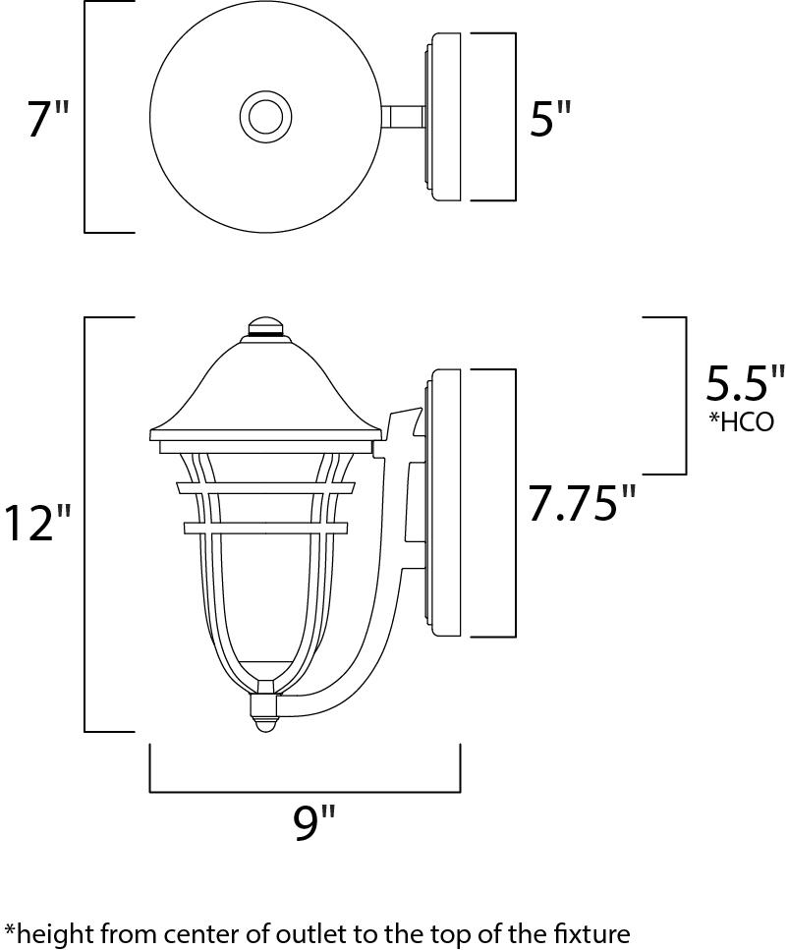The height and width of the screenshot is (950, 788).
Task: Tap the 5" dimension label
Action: (550, 118)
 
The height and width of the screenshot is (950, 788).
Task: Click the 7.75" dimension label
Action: (582, 502)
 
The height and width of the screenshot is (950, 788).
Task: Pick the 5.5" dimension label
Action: (745, 382)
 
